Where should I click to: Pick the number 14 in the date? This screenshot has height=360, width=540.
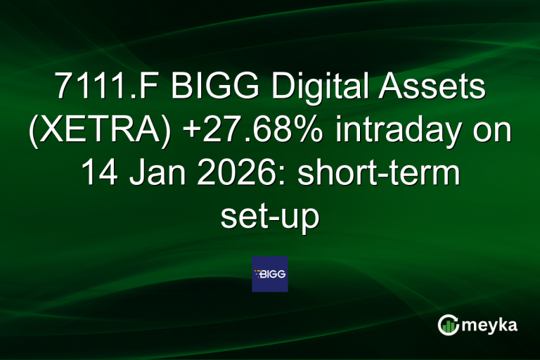98,174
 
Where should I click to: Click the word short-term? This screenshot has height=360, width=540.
375,174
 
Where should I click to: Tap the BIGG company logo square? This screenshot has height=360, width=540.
270,274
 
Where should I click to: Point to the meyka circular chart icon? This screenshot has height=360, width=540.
449,325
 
